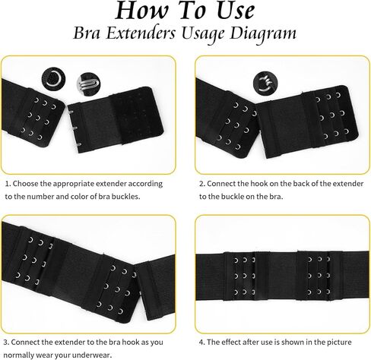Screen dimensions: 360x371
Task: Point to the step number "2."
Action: (202, 183)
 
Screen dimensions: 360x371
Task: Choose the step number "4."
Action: (202, 341)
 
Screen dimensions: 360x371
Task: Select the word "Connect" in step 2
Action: (224, 183)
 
